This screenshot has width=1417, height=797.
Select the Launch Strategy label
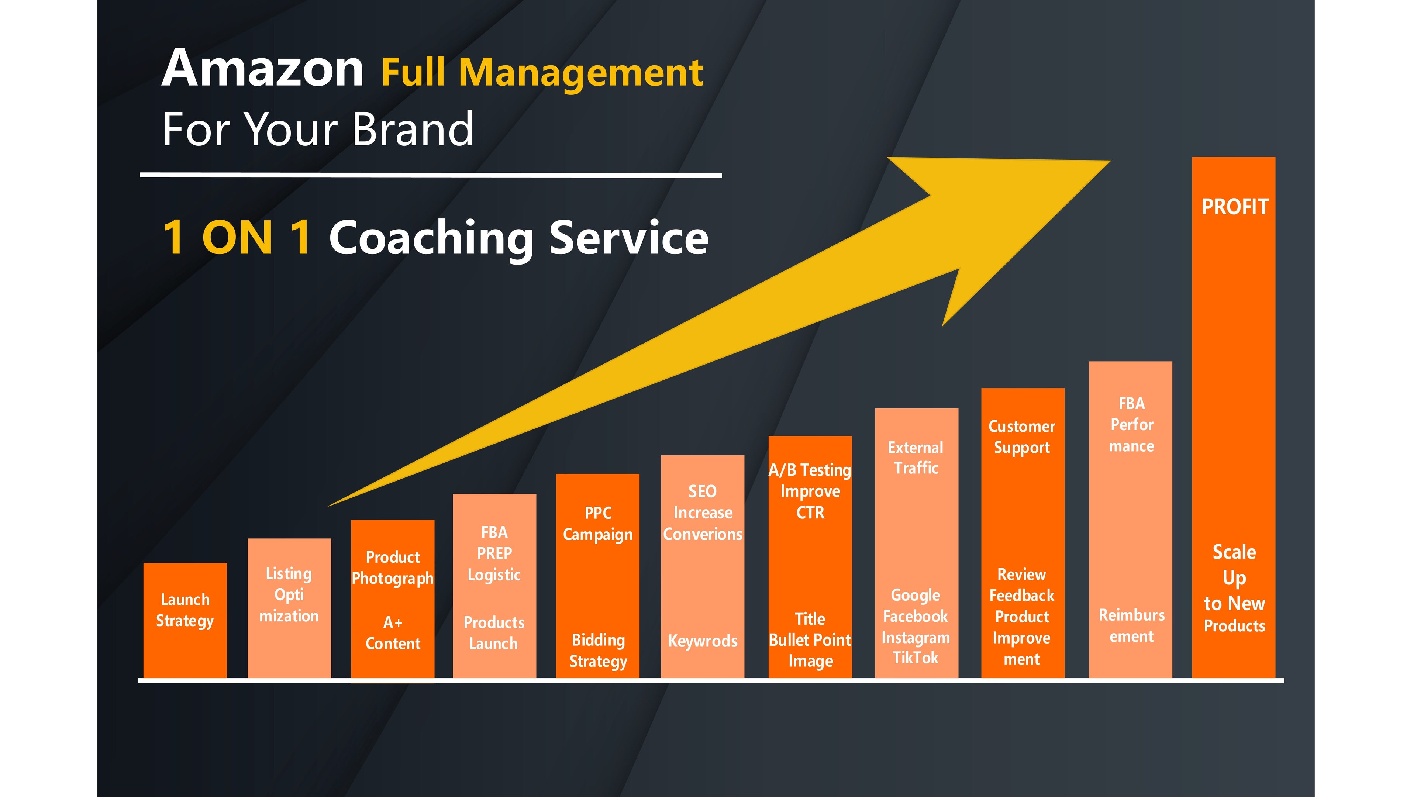click(x=185, y=610)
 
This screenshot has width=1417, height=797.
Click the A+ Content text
click(x=393, y=633)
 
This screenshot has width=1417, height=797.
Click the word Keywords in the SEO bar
click(x=703, y=641)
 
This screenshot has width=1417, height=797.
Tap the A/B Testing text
click(x=810, y=470)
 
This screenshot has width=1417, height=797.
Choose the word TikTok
click(x=915, y=658)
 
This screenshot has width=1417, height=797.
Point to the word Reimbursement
click(x=1131, y=625)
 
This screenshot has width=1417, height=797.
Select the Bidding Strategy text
click(x=598, y=651)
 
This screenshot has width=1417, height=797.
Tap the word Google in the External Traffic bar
click(x=915, y=596)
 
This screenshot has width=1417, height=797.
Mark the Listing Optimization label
click(x=289, y=594)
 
